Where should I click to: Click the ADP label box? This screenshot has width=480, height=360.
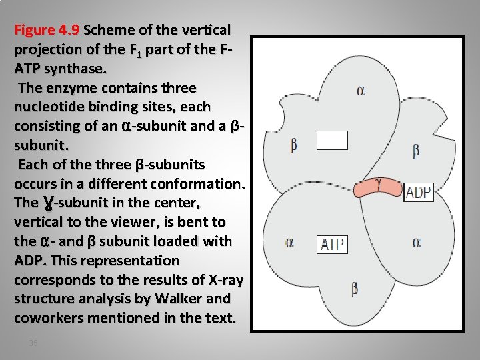(419, 193)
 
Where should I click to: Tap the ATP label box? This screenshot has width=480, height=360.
(332, 244)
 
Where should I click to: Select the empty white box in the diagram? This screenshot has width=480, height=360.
(332, 139)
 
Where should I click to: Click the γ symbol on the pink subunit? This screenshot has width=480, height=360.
(378, 181)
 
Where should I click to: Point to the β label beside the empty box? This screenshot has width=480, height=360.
(294, 144)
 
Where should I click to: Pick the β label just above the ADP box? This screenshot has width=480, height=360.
(416, 151)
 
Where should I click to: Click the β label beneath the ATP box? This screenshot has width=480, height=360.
(354, 289)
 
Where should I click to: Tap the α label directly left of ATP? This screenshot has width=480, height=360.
(289, 243)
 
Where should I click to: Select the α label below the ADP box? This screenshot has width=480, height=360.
(416, 243)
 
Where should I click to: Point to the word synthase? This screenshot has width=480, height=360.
(73, 69)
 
